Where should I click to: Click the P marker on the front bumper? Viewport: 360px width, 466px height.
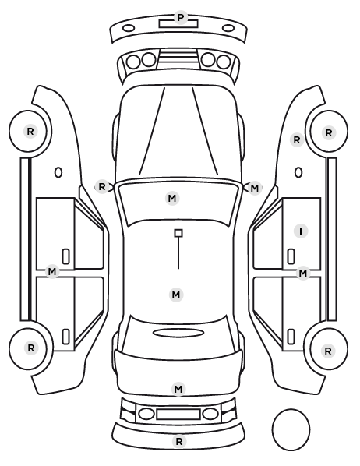(x=180, y=18)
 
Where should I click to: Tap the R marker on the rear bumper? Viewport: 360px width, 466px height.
(x=179, y=442)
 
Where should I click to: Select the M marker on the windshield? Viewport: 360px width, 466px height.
(x=172, y=198)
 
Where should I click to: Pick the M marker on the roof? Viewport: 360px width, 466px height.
(x=176, y=295)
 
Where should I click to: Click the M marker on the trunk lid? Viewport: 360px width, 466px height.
(x=178, y=389)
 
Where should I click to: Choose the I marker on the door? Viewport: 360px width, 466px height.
(x=301, y=231)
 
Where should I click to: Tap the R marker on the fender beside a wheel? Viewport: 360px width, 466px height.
(x=297, y=140)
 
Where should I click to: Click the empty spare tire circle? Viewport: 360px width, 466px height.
(x=291, y=429)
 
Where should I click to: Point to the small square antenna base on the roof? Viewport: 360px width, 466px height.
(x=178, y=233)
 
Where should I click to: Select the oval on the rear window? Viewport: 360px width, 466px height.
(x=178, y=333)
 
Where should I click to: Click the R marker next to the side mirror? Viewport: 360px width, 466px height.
(x=102, y=187)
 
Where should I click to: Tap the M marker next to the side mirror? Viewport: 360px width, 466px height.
(x=255, y=188)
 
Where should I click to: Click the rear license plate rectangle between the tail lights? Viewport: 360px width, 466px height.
(x=178, y=415)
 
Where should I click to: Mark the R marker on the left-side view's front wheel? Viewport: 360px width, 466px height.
(x=30, y=132)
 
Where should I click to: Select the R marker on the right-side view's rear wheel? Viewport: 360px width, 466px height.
(x=328, y=351)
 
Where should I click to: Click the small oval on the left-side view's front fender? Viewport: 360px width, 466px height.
(x=58, y=172)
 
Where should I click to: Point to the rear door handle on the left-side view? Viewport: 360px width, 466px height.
(x=65, y=337)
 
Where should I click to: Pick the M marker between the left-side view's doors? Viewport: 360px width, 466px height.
(x=52, y=272)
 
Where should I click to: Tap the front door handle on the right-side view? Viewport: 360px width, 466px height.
(x=291, y=256)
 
